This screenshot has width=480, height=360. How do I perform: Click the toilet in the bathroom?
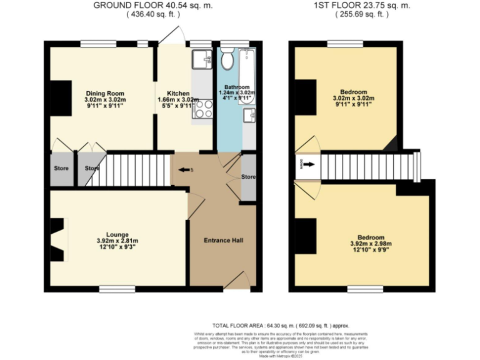(227, 59)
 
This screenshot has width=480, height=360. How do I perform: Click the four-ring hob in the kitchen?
(203, 109)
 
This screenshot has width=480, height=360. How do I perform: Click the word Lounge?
(117, 232)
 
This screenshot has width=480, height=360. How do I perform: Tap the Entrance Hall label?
(223, 241)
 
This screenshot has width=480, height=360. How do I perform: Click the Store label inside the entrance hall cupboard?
(248, 176)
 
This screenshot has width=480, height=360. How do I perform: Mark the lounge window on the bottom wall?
(117, 289)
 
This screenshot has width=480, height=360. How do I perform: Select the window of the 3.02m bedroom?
(346, 44)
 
